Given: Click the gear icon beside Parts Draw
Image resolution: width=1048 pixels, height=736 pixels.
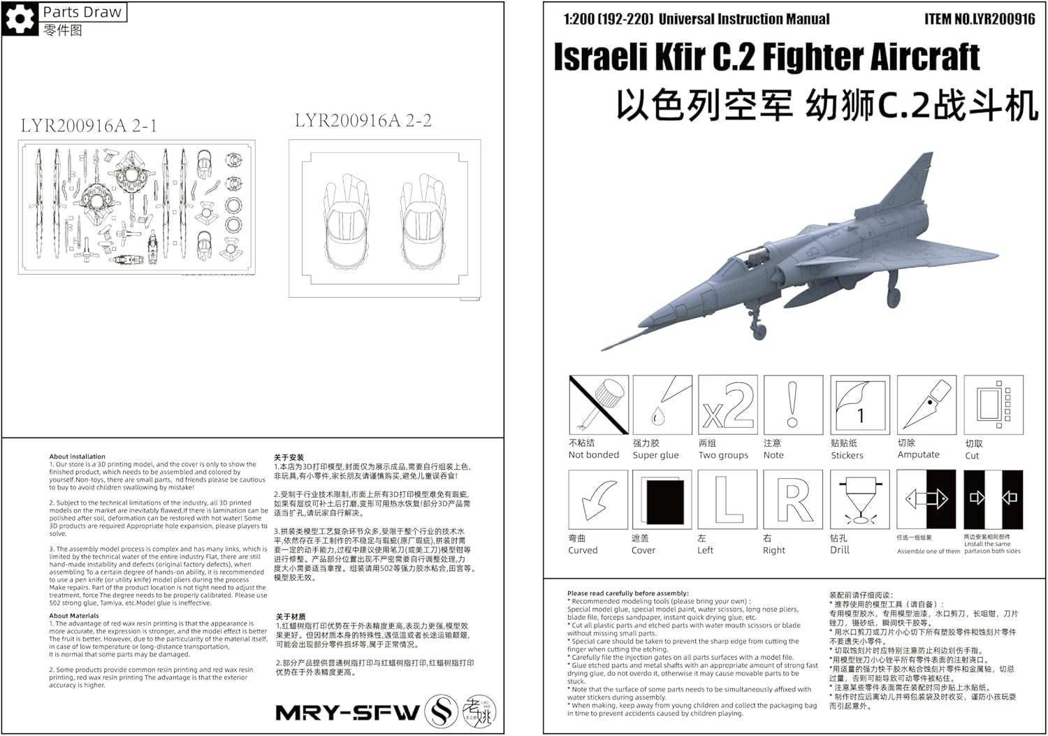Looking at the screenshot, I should (x=20, y=19).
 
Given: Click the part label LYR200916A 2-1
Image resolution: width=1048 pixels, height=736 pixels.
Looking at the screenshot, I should (x=89, y=126).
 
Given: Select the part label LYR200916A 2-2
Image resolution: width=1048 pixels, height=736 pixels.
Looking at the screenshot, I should (x=363, y=120).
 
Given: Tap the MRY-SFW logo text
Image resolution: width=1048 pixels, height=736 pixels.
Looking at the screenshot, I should (x=347, y=712).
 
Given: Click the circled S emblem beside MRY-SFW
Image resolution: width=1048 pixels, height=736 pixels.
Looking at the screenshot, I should (x=442, y=712).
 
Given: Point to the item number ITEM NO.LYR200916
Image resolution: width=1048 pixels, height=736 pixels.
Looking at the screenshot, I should (x=980, y=19).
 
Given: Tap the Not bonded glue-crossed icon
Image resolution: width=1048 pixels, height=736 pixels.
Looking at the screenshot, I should (x=599, y=405).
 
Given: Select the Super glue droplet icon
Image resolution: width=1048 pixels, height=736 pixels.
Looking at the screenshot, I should (x=662, y=405).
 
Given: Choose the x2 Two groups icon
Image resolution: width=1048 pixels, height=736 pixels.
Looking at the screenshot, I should (x=728, y=405).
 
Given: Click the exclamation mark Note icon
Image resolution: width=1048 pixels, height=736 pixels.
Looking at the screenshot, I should (x=792, y=405).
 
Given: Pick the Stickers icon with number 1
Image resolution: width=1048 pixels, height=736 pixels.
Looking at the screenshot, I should (x=859, y=405).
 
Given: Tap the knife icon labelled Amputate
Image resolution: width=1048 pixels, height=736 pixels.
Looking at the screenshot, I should (x=926, y=405).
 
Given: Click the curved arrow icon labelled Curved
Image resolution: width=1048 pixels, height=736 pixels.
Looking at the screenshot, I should (x=599, y=499).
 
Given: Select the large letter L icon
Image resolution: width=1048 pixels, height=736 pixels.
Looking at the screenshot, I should (x=728, y=499).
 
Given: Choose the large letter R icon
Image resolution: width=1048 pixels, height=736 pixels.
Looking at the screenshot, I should (x=793, y=499).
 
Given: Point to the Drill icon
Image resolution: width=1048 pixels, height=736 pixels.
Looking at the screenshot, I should (x=859, y=499).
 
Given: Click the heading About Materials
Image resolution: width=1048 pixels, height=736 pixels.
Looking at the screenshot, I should (x=74, y=616).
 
